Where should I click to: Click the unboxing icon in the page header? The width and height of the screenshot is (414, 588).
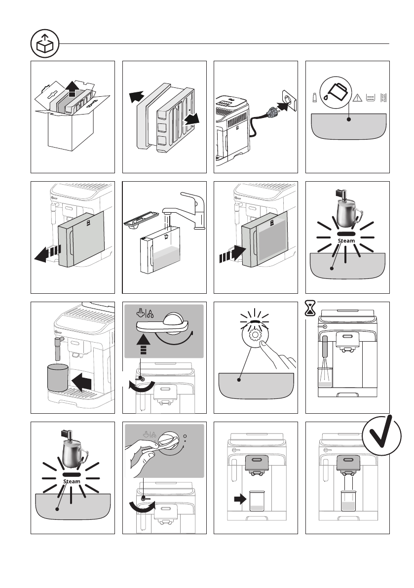tap(45, 44)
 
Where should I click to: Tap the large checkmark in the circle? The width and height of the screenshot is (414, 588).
tap(381, 435)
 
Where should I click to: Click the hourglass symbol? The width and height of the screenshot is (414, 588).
tap(310, 308)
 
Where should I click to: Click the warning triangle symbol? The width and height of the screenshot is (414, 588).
tap(357, 98)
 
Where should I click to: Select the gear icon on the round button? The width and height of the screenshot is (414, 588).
tap(255, 335)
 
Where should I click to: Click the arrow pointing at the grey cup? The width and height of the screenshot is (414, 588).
tap(81, 383)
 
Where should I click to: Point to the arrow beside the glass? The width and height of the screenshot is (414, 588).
tap(240, 499)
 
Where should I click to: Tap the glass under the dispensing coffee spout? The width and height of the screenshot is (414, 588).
tap(347, 501)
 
